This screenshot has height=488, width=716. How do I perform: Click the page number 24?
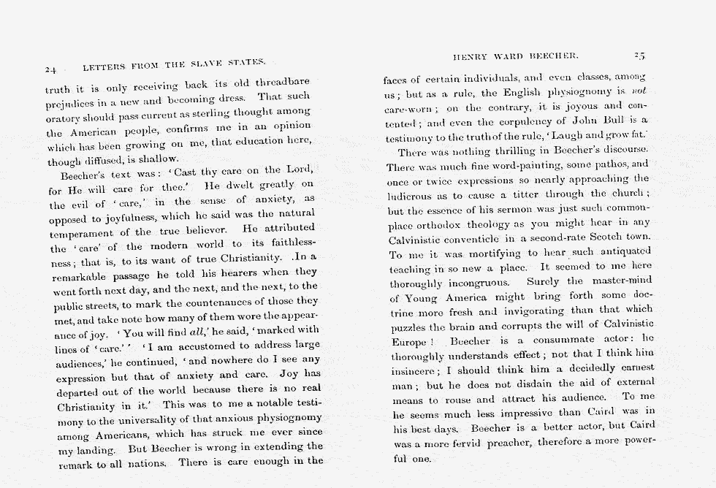click(50, 70)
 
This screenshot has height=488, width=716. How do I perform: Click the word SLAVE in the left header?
click(186, 65)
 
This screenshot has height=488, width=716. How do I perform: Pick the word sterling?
click(222, 114)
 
